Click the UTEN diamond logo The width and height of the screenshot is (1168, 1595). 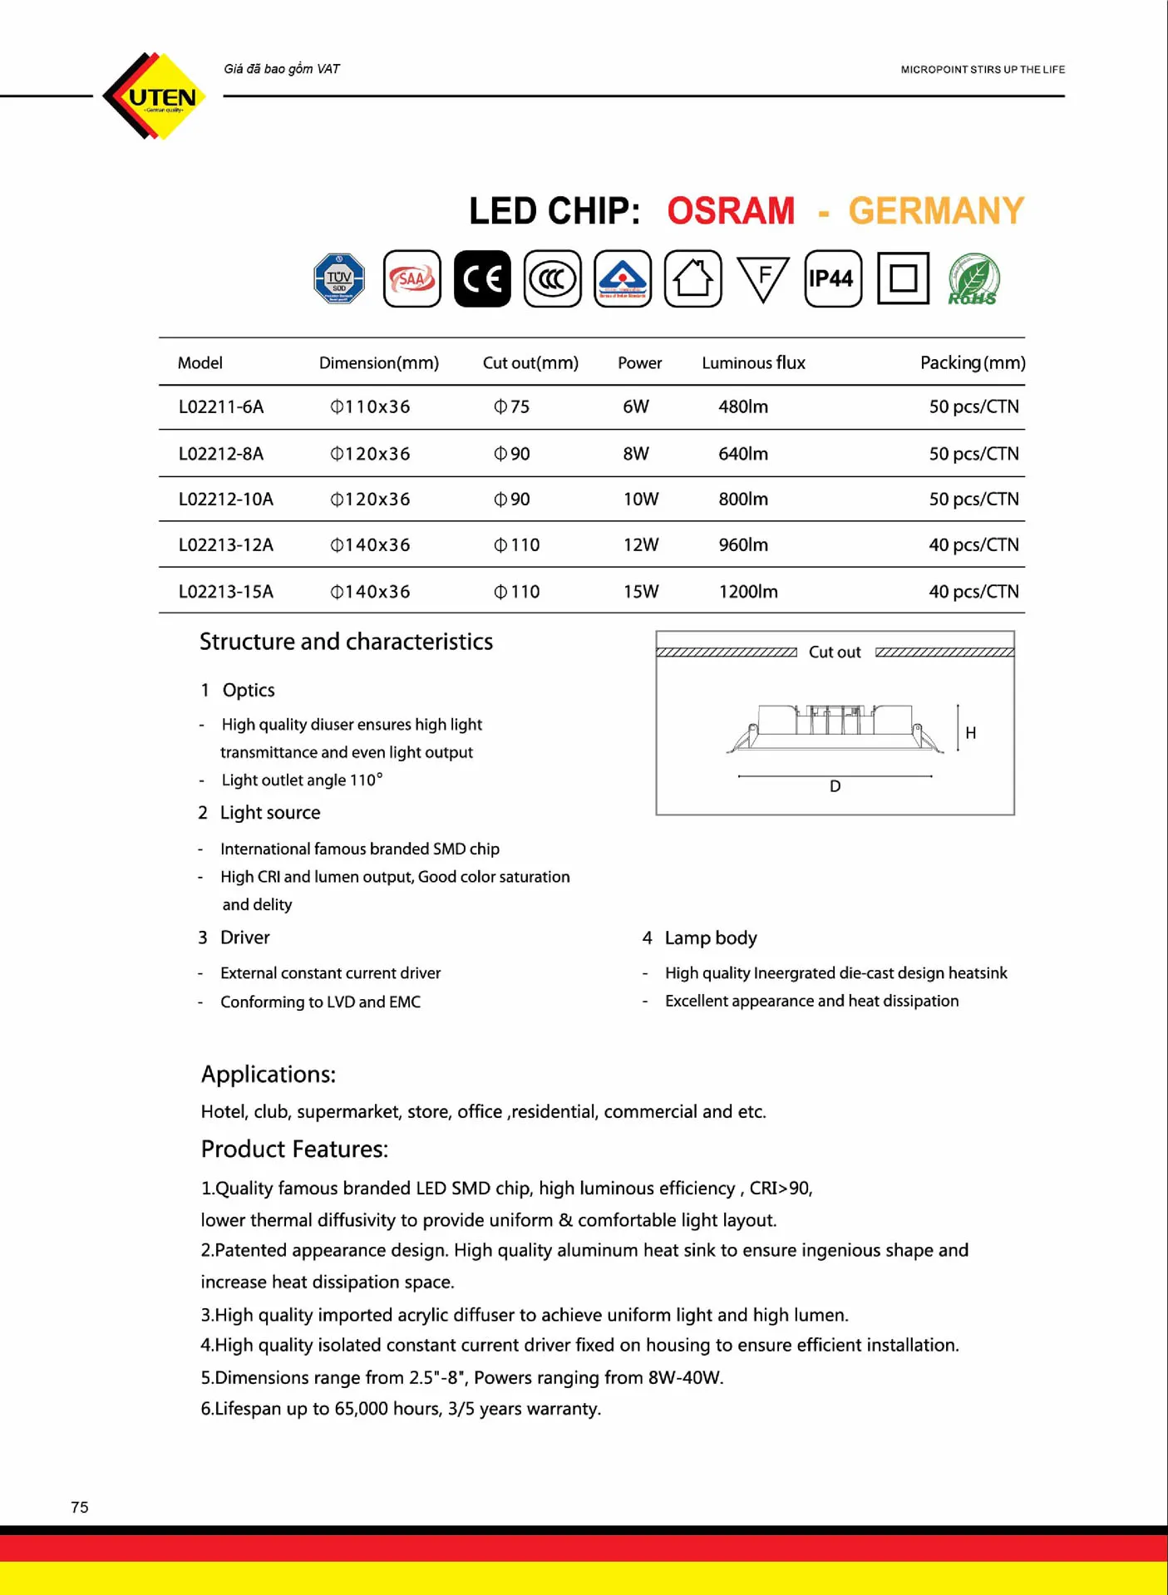(x=155, y=96)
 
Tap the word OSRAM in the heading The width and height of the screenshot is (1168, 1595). (x=730, y=211)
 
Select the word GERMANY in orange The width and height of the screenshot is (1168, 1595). (x=935, y=211)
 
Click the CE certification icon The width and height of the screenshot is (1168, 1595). (x=482, y=278)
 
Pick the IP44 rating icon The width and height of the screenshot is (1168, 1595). (x=832, y=278)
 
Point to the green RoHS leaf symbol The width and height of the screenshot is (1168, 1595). (x=973, y=278)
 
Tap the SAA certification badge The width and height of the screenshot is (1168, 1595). (x=412, y=278)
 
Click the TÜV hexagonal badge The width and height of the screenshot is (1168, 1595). (x=339, y=278)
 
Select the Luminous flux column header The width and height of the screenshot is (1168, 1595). (x=753, y=363)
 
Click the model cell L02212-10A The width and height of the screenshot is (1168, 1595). (x=225, y=500)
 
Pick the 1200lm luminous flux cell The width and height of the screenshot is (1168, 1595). (x=747, y=592)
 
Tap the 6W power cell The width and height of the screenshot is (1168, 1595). (x=635, y=407)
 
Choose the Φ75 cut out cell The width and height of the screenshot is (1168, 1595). (x=511, y=407)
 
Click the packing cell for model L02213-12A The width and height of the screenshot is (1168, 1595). (x=973, y=545)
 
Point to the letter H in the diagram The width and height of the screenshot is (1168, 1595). (x=970, y=733)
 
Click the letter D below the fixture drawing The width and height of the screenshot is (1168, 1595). (x=835, y=786)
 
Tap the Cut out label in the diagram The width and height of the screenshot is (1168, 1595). (x=835, y=652)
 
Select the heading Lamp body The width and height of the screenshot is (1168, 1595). (x=710, y=938)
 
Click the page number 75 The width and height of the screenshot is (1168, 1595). (x=80, y=1507)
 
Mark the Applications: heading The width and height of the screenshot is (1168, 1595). (x=268, y=1075)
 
